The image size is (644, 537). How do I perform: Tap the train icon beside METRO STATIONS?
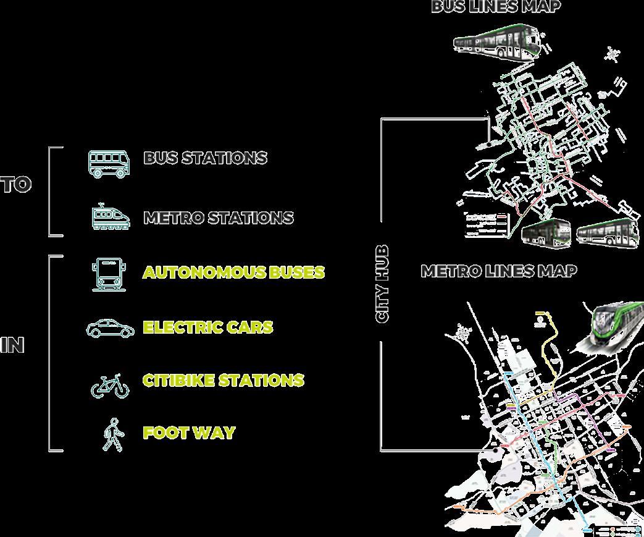click(x=111, y=217)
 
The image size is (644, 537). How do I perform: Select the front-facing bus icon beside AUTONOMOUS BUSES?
click(x=109, y=274)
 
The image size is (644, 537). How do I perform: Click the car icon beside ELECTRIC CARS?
click(x=110, y=328)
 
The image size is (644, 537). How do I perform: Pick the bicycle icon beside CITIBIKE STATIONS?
click(x=111, y=386)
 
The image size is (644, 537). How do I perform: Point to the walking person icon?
click(x=112, y=434)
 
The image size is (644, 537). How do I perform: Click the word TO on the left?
click(x=15, y=185)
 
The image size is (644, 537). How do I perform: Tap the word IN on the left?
click(x=12, y=345)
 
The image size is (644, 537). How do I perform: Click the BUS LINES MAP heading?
click(x=496, y=7)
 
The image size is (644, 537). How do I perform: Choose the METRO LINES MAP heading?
click(x=499, y=271)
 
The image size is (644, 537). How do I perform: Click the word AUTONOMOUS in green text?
click(x=204, y=273)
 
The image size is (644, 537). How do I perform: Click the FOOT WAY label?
click(x=189, y=433)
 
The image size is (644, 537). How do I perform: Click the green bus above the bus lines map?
click(x=497, y=42)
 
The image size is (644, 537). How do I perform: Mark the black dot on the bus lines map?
click(x=488, y=144)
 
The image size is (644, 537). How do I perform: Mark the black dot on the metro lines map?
click(x=496, y=451)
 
